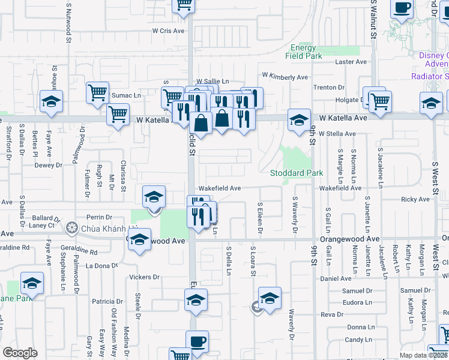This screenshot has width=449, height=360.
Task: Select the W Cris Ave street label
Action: (x=167, y=30)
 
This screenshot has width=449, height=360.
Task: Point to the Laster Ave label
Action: (x=351, y=62)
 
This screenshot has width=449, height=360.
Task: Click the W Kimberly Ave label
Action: (x=285, y=77)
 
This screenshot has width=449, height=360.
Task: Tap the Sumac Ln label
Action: (x=125, y=95)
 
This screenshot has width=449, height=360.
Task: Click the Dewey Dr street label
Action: (x=48, y=165)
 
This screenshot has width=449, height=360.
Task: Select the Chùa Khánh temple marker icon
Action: (x=73, y=227)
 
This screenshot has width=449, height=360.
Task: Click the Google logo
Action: (x=20, y=352)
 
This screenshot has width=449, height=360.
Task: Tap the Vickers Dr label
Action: (x=144, y=277)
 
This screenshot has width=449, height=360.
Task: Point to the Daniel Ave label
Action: (x=336, y=278)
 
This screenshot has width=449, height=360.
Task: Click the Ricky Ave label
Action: (x=415, y=199)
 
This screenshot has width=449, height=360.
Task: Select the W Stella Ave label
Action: (x=337, y=133)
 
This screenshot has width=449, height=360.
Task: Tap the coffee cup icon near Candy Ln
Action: (x=197, y=342)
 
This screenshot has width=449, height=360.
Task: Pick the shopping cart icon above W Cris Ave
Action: (x=184, y=4)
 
